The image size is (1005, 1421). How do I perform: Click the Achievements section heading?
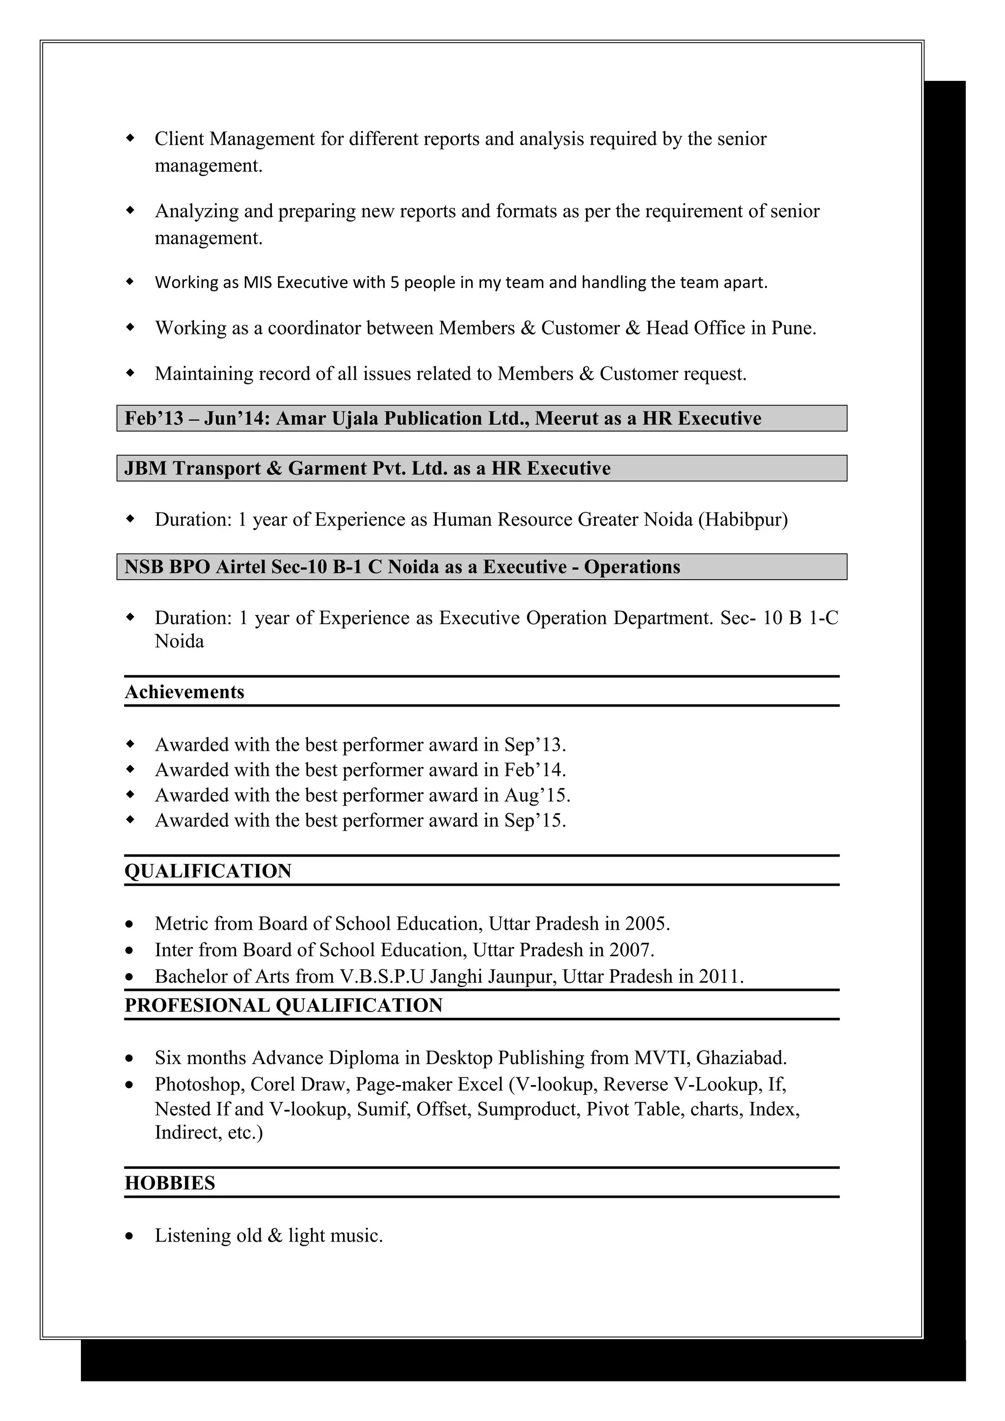pos(185,692)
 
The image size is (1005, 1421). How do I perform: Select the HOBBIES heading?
pos(170,1183)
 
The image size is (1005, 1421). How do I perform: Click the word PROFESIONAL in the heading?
pos(196,1005)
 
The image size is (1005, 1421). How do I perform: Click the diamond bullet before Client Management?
pos(130,139)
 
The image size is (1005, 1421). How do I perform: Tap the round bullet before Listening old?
pos(129,1236)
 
